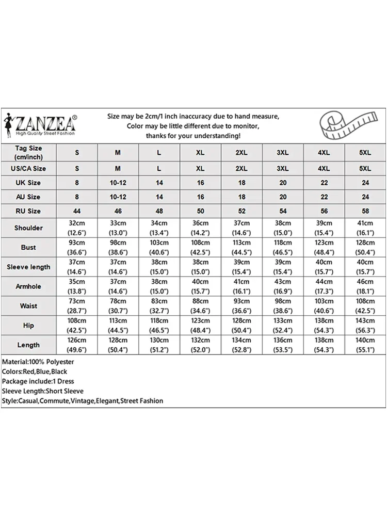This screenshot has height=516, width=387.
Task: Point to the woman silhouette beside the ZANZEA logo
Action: (8, 124)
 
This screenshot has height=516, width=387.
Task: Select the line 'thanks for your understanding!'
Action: (193, 136)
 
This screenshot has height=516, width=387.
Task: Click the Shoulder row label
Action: (28, 228)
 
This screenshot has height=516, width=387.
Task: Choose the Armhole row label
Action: (28, 286)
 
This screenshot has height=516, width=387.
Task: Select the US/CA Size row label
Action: (28, 168)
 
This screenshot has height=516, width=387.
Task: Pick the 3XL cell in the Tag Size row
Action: (282, 153)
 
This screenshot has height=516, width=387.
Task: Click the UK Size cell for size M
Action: (118, 183)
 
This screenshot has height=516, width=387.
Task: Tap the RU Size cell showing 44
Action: (77, 211)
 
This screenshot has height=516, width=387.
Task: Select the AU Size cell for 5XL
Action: (365, 197)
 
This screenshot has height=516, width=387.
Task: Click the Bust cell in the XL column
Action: (200, 247)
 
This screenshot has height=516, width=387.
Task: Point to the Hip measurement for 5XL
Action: (365, 325)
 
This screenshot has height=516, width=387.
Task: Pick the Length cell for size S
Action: (77, 345)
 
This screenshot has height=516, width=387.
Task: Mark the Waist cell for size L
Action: (159, 305)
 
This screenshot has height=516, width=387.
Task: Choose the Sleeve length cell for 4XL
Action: (324, 267)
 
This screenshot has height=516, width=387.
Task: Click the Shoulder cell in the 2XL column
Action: (241, 228)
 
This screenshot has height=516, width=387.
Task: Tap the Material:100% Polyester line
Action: (38, 362)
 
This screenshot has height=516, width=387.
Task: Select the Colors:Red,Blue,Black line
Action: (35, 372)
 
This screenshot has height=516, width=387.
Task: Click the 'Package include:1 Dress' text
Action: (38, 381)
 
